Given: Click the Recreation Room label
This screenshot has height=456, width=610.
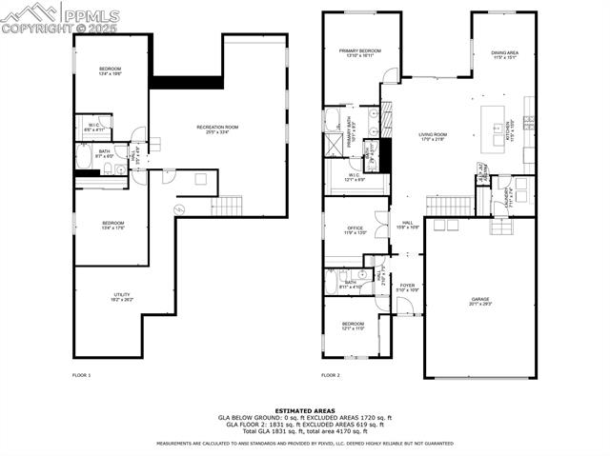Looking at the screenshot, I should [217, 129].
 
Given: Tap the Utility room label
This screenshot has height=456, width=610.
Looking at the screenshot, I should [122, 297].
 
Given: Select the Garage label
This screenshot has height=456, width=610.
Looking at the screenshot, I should [479, 301].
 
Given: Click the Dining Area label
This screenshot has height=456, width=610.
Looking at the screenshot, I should [504, 55].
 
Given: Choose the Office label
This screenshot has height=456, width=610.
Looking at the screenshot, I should [356, 230].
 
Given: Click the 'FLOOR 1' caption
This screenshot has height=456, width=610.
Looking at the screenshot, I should [82, 375].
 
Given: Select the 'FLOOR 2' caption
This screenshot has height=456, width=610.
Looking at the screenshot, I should [330, 375].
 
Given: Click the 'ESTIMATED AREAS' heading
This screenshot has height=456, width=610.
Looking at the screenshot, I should [305, 410].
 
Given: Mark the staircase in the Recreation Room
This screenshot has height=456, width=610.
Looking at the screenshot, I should [227, 206].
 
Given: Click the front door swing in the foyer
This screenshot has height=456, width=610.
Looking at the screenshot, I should [403, 307].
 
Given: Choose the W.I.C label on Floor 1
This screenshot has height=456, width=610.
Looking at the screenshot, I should [94, 126].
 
